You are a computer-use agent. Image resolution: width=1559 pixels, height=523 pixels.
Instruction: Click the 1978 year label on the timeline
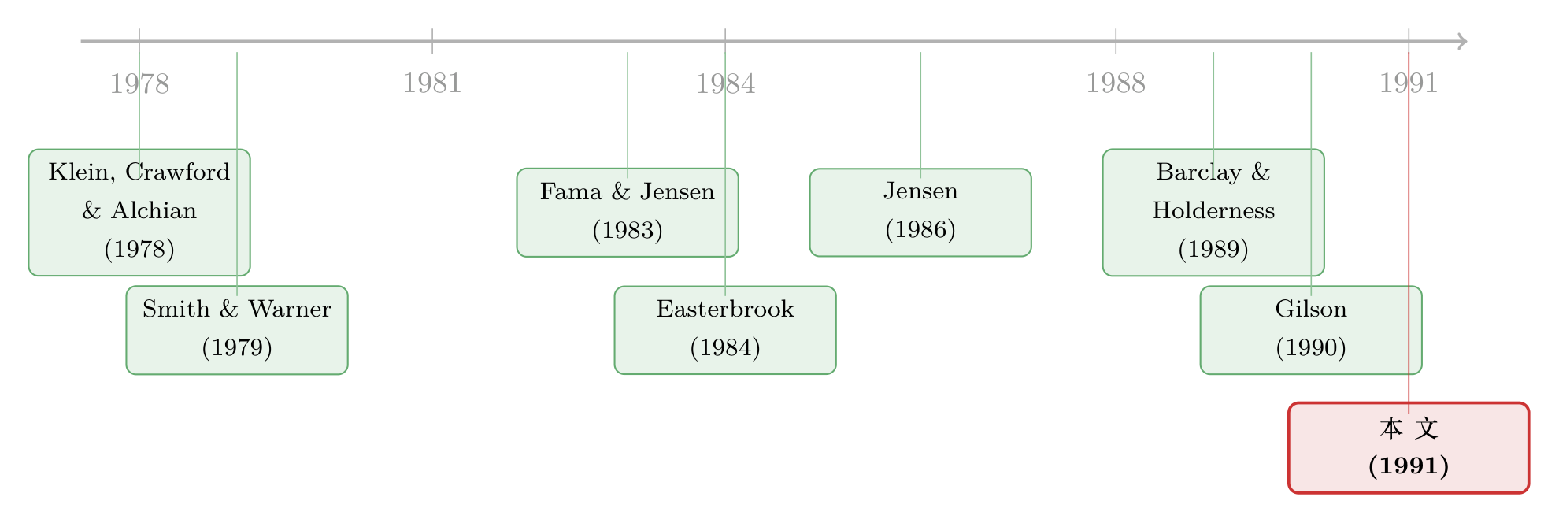139,83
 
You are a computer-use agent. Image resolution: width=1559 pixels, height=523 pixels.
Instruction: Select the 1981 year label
432,83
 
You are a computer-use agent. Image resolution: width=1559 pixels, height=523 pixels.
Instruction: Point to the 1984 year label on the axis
725,83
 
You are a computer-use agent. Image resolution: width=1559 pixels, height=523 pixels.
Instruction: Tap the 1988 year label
1116,83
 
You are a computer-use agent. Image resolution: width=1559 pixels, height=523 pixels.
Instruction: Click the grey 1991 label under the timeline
1409,83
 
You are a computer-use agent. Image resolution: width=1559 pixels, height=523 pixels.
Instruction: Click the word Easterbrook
725,309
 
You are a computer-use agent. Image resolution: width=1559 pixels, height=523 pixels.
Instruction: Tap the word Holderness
1213,210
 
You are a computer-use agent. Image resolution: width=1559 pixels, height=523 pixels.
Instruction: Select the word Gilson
1311,309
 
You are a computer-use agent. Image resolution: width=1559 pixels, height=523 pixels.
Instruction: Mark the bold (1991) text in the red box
1409,466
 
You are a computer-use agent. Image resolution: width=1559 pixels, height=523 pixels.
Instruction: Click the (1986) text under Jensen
920,229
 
